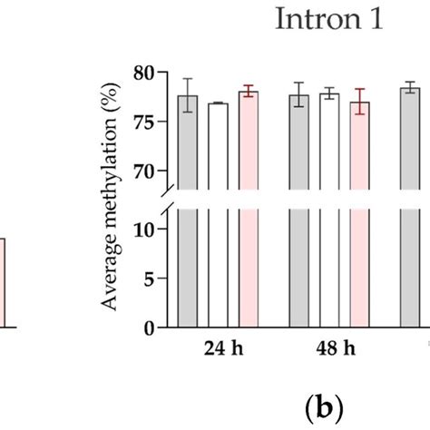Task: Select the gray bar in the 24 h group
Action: pos(188,263)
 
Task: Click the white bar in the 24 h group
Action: pos(218,263)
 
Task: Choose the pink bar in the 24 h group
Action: pos(248,263)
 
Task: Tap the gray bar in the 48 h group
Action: pos(298,263)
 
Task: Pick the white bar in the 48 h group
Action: pos(329,263)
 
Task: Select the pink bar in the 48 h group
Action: pos(359,263)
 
